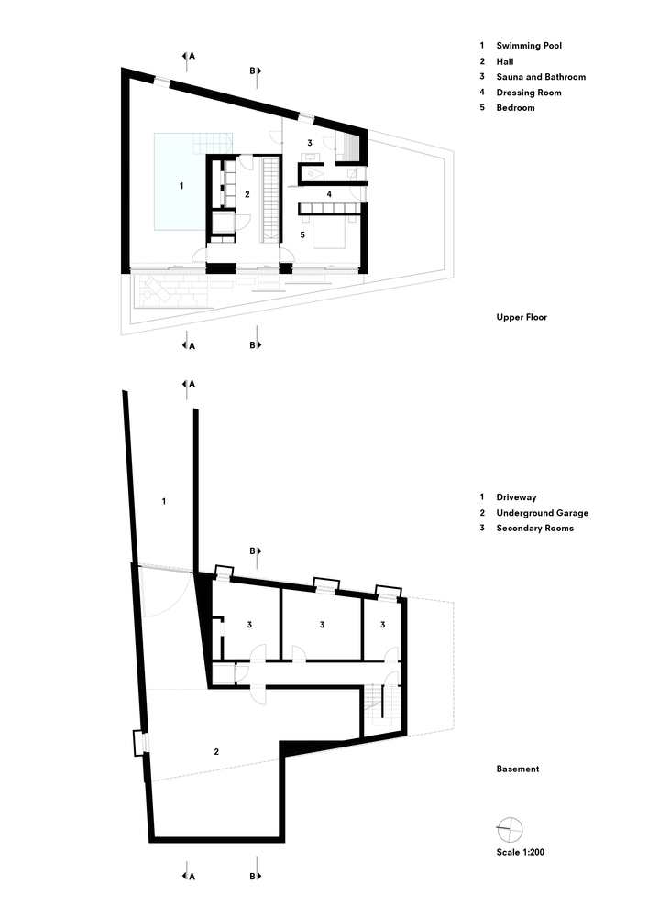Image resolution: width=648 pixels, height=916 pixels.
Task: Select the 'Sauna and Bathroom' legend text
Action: pyautogui.click(x=541, y=77)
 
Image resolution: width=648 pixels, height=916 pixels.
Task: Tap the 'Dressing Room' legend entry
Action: pyautogui.click(x=529, y=93)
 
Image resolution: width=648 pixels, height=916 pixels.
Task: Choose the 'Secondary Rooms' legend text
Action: pyautogui.click(x=534, y=529)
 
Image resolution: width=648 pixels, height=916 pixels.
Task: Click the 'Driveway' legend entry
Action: pyautogui.click(x=517, y=497)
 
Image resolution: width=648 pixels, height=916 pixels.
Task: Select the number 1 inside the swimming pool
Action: pyautogui.click(x=181, y=186)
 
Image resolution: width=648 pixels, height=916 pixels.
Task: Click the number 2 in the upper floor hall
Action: pyautogui.click(x=247, y=194)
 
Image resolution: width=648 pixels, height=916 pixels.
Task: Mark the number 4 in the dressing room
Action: pyautogui.click(x=329, y=193)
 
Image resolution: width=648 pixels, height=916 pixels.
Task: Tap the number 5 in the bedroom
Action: pyautogui.click(x=302, y=234)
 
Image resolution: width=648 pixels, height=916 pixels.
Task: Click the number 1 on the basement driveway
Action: pyautogui.click(x=163, y=501)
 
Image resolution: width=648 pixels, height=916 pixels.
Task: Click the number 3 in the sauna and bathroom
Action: pyautogui.click(x=310, y=143)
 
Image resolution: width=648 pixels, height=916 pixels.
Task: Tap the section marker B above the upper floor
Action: pyautogui.click(x=256, y=70)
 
